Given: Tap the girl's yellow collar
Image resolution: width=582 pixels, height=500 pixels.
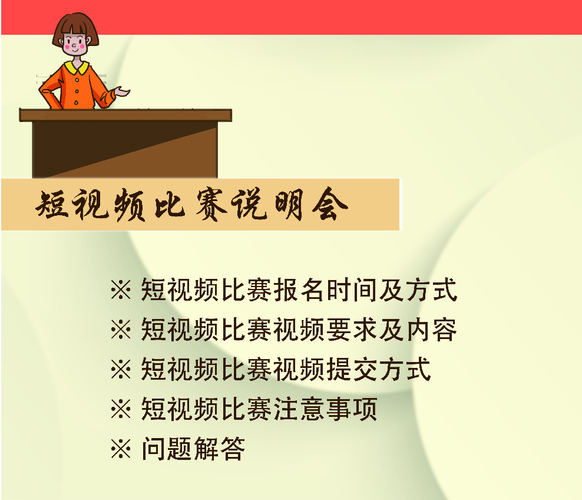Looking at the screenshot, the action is pyautogui.click(x=77, y=68).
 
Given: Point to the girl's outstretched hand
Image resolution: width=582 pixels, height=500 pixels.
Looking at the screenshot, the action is pyautogui.click(x=122, y=91).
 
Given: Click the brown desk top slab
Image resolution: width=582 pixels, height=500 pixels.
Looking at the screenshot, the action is pyautogui.click(x=125, y=115).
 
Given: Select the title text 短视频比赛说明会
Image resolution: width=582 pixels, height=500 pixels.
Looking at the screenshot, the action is pyautogui.click(x=191, y=205).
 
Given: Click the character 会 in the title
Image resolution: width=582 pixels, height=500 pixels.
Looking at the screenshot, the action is pyautogui.click(x=330, y=203).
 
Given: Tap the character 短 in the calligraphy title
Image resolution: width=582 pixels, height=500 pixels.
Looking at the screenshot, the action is pyautogui.click(x=52, y=205).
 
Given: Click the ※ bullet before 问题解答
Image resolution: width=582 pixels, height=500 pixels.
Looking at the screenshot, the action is pyautogui.click(x=121, y=449).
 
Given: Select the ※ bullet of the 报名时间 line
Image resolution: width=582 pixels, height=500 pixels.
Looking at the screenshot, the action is pyautogui.click(x=121, y=290).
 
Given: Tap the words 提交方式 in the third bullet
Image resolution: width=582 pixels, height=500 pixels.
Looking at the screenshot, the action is pyautogui.click(x=378, y=369).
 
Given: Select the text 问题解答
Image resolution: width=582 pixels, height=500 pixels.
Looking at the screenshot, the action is pyautogui.click(x=193, y=449).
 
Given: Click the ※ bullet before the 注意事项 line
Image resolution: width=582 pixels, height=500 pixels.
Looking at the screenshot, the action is pyautogui.click(x=121, y=409).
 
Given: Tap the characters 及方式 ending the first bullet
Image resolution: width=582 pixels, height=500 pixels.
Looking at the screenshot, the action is pyautogui.click(x=418, y=290).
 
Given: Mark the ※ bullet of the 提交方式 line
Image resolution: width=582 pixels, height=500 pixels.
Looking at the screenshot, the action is pyautogui.click(x=121, y=369).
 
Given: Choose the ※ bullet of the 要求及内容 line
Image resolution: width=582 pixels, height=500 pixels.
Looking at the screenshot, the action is pyautogui.click(x=121, y=330).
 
